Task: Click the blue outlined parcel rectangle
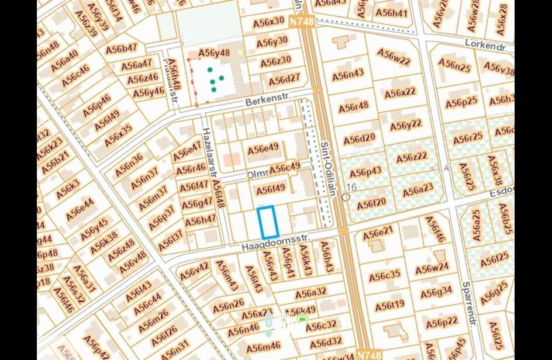268,222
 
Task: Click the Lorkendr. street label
485,44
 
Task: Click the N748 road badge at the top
302,21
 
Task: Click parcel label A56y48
214,53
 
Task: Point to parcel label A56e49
263,149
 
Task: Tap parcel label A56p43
365,172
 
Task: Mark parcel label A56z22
412,158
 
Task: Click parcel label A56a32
310,293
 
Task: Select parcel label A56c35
385,275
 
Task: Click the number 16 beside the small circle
351,187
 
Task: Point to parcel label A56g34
436,291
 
